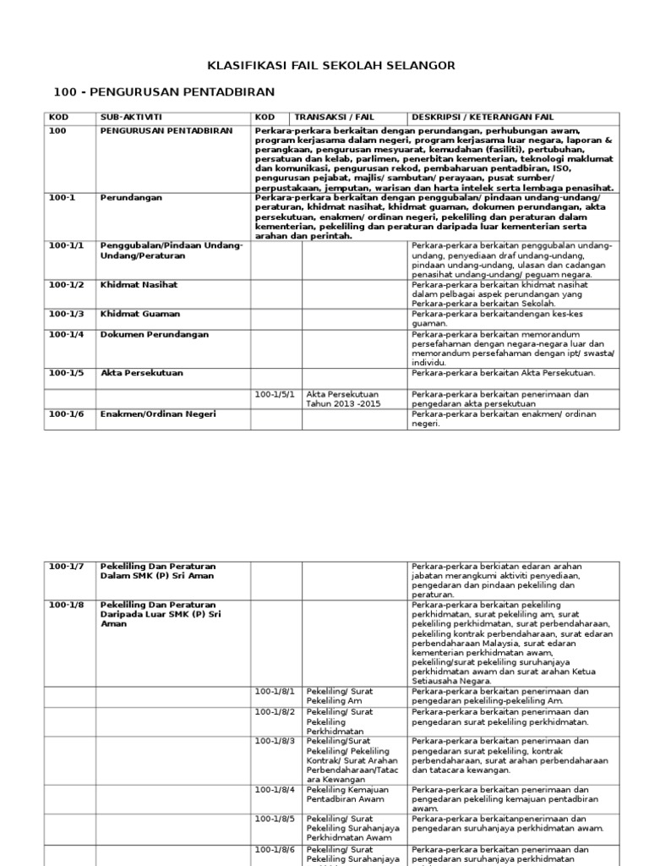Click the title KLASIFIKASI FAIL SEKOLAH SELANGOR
click(331, 65)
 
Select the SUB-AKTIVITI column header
click(131, 117)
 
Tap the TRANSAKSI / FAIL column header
click(334, 117)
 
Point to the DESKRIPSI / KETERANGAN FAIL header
click(483, 117)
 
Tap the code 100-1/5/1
click(273, 394)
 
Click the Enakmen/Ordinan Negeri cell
click(158, 414)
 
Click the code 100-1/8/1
click(273, 691)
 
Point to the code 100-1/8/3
click(273, 741)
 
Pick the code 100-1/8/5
click(273, 819)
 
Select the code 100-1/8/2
click(273, 712)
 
